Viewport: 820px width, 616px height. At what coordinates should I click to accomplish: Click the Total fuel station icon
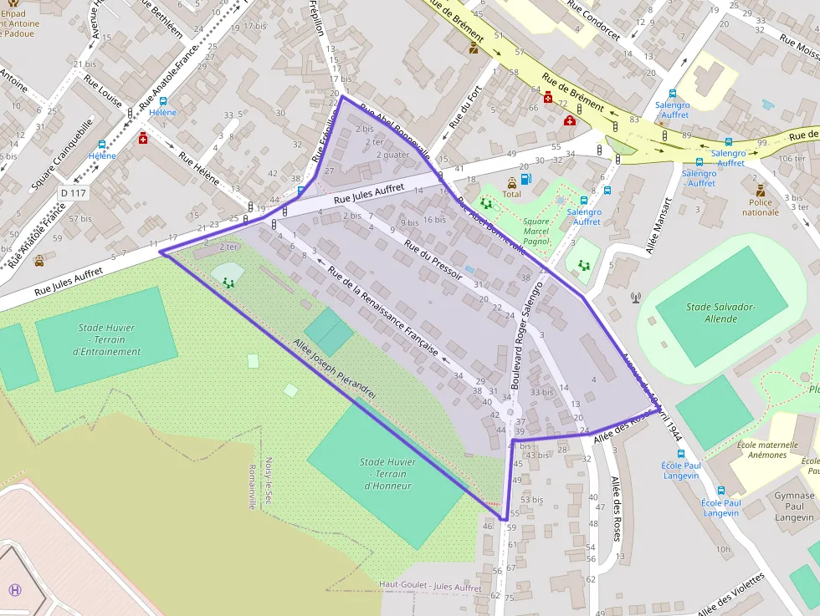pos(525,179)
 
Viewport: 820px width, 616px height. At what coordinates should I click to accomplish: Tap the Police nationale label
pos(760,206)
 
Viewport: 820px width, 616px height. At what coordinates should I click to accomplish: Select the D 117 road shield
pos(73,192)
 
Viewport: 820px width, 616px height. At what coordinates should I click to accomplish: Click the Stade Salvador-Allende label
pos(720,313)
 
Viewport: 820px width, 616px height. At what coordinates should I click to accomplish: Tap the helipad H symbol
pos(15,589)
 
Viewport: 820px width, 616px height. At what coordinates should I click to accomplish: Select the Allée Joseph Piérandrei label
pos(335,368)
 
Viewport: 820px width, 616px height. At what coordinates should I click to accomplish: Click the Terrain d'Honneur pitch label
pos(386,474)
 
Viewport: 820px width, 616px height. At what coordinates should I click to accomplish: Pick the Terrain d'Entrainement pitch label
pos(106,339)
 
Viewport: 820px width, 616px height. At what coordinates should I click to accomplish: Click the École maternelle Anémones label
pos(761,450)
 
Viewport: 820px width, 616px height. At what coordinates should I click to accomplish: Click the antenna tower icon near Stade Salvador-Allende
pos(635,297)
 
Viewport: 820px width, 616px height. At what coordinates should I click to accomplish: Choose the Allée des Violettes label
pos(730,594)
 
